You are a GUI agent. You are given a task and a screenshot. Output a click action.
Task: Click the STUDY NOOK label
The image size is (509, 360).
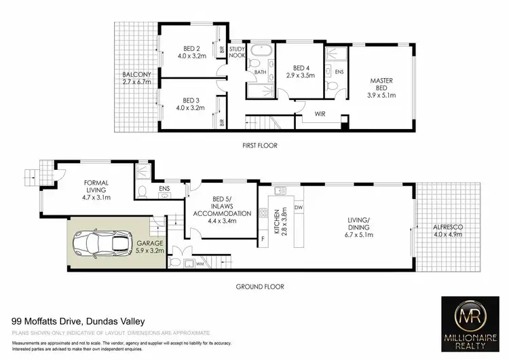[238, 52]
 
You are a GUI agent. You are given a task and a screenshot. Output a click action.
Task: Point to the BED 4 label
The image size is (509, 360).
[302, 72]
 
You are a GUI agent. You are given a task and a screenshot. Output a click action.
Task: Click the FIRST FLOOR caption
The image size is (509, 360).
[259, 145]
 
